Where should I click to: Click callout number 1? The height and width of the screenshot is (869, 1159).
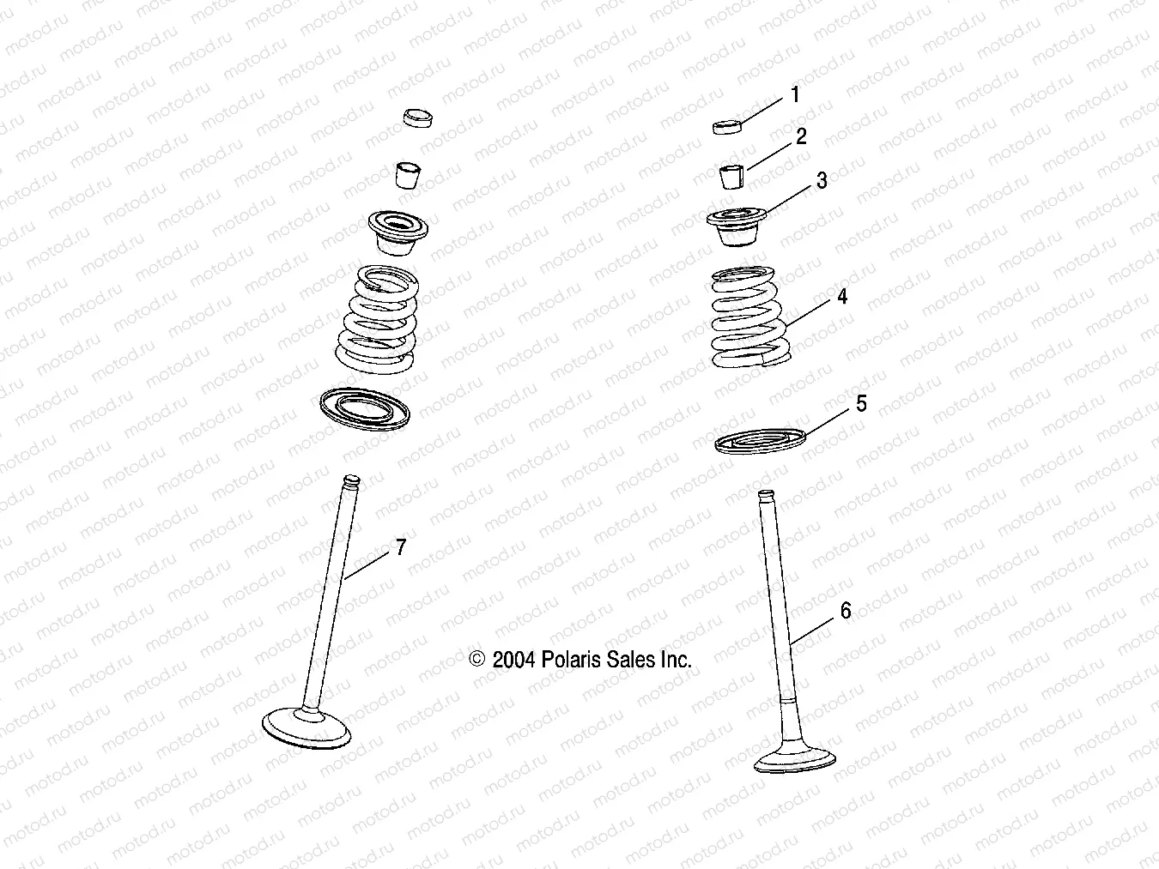795,94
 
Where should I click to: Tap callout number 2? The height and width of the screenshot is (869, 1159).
801,136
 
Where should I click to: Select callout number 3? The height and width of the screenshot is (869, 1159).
822,181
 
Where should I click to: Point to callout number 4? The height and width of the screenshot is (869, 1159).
842,296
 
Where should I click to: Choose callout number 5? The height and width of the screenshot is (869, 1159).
861,403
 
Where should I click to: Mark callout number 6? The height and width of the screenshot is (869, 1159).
846,610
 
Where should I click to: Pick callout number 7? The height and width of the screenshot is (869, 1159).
400,547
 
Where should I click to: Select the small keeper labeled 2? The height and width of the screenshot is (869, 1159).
730,175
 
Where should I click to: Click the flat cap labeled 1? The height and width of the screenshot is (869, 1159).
727,128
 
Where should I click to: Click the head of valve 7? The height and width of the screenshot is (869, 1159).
307,727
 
